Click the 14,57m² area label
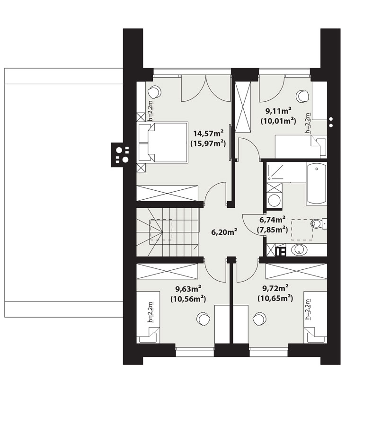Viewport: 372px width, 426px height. point(208,133)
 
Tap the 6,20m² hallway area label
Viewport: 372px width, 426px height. point(224,232)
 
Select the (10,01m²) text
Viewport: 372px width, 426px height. point(278,121)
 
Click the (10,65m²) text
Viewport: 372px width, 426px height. point(275,298)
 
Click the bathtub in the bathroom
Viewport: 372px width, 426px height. point(316,183)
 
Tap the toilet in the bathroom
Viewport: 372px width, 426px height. point(319,223)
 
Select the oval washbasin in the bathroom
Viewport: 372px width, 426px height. point(300,250)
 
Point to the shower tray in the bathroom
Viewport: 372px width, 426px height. point(278,172)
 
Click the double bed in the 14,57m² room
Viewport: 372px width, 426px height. point(163,142)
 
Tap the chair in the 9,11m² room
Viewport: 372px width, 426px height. point(302,96)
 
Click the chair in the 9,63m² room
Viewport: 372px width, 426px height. point(203,319)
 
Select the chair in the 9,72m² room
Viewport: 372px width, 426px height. point(259,319)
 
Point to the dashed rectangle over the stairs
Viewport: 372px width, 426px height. point(161,230)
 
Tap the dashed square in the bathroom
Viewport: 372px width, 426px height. point(302,230)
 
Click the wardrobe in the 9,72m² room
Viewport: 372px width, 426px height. point(296,271)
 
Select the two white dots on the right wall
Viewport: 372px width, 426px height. point(331,122)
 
